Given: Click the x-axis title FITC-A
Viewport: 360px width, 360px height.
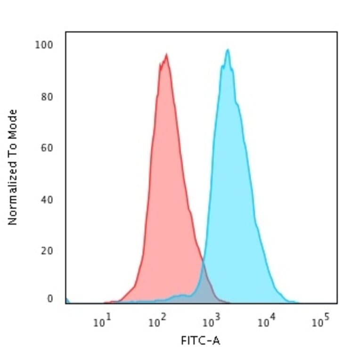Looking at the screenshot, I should (x=200, y=340).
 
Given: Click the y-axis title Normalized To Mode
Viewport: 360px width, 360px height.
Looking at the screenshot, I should (x=13, y=167).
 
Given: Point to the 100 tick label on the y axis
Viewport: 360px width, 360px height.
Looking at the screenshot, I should (x=44, y=45).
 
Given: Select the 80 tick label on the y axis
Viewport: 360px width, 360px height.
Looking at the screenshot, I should (x=46, y=97).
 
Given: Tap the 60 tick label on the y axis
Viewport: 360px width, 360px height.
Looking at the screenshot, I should (x=46, y=148).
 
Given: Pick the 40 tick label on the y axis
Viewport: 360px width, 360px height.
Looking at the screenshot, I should (x=46, y=199).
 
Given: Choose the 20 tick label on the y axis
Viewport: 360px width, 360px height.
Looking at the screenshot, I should (x=46, y=251).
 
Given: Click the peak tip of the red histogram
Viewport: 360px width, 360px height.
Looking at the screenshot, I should (x=166, y=55).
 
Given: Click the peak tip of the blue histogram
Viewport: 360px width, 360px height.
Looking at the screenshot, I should (x=228, y=50).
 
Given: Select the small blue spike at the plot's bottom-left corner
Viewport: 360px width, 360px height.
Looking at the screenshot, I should (x=67, y=300).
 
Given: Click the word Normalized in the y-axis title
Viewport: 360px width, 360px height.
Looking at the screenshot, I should (x=13, y=191).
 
